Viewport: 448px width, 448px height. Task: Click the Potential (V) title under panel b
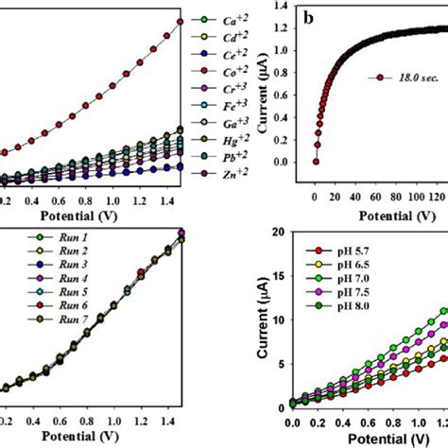[x=366, y=215]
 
